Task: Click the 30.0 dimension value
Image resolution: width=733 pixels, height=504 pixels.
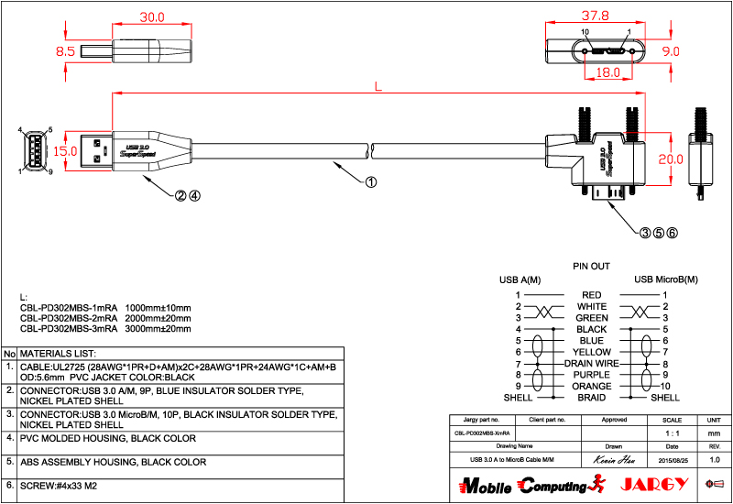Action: tap(151, 17)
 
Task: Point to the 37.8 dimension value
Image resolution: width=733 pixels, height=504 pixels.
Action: tap(596, 16)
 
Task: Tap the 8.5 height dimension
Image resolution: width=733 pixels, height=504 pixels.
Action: tap(65, 52)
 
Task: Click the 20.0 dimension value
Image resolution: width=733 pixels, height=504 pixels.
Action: tap(671, 159)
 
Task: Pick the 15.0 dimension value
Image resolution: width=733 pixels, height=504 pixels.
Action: tap(65, 150)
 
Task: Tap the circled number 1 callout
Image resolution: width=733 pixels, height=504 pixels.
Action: tap(370, 181)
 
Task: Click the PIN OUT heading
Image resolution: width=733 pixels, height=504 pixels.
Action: tap(591, 267)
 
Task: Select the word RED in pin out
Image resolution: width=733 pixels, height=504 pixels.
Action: tap(591, 294)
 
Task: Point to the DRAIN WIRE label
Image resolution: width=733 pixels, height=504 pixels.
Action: tap(591, 364)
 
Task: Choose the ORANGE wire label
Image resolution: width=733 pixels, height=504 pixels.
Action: tap(591, 387)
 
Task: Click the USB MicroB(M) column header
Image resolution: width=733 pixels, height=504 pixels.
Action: tap(666, 279)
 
